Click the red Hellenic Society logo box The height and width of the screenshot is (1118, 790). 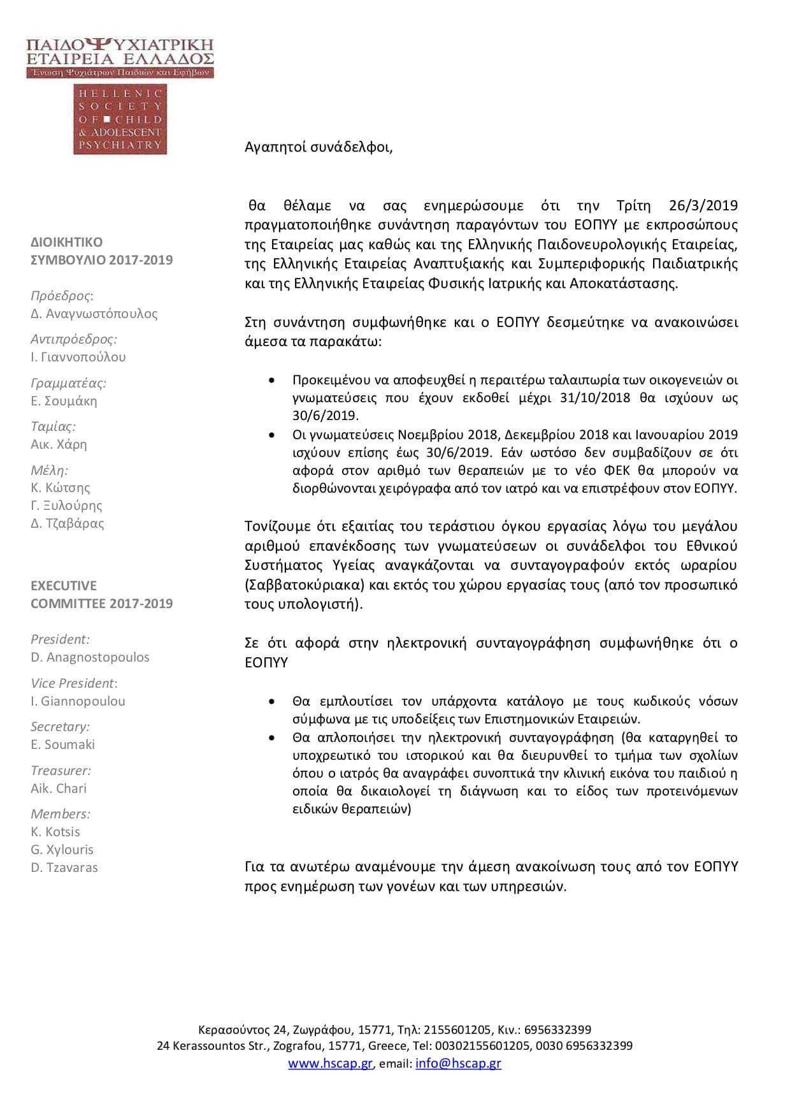[120, 119]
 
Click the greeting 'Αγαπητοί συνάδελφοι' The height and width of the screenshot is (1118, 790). [319, 147]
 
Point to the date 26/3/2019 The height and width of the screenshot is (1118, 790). [703, 205]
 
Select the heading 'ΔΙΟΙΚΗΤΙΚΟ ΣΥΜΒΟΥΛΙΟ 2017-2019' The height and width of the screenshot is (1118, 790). [102, 251]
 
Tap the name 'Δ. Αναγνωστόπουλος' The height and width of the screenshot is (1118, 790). [94, 314]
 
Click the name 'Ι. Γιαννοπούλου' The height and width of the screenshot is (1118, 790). [78, 357]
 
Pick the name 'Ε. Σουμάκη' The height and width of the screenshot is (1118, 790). [64, 401]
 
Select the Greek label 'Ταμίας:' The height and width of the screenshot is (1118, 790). [53, 426]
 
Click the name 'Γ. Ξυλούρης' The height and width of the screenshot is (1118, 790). [66, 505]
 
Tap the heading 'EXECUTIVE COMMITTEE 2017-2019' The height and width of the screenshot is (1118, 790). [102, 595]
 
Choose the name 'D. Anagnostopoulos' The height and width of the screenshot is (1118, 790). [90, 657]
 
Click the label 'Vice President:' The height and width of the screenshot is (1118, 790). [74, 683]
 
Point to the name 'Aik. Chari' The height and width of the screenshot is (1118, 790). [59, 788]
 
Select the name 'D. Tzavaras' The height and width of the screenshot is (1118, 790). [64, 868]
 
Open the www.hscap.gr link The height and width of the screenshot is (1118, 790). [330, 1063]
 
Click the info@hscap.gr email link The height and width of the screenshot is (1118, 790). [458, 1063]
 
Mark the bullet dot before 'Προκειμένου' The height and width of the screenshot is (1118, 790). [273, 380]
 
